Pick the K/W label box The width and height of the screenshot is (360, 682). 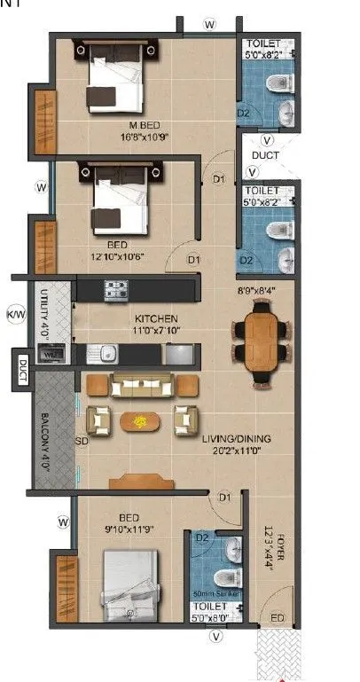pyautogui.click(x=15, y=314)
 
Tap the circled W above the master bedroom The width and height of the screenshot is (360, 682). pyautogui.click(x=209, y=25)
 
